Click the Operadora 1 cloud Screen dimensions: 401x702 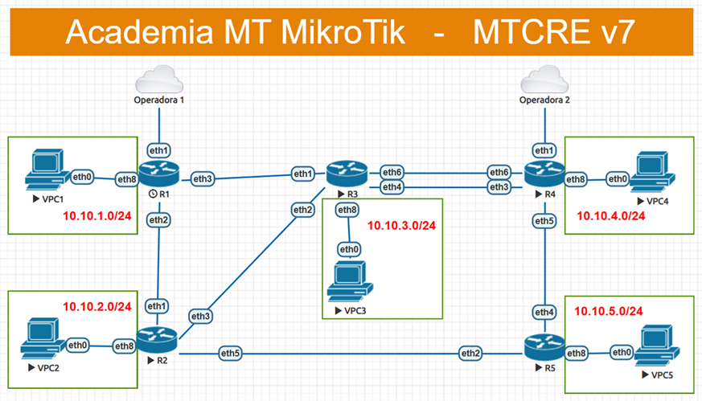pyautogui.click(x=159, y=81)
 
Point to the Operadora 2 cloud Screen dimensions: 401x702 pyautogui.click(x=546, y=81)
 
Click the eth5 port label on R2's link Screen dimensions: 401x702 pyautogui.click(x=231, y=353)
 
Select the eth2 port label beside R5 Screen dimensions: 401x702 pyautogui.click(x=471, y=353)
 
